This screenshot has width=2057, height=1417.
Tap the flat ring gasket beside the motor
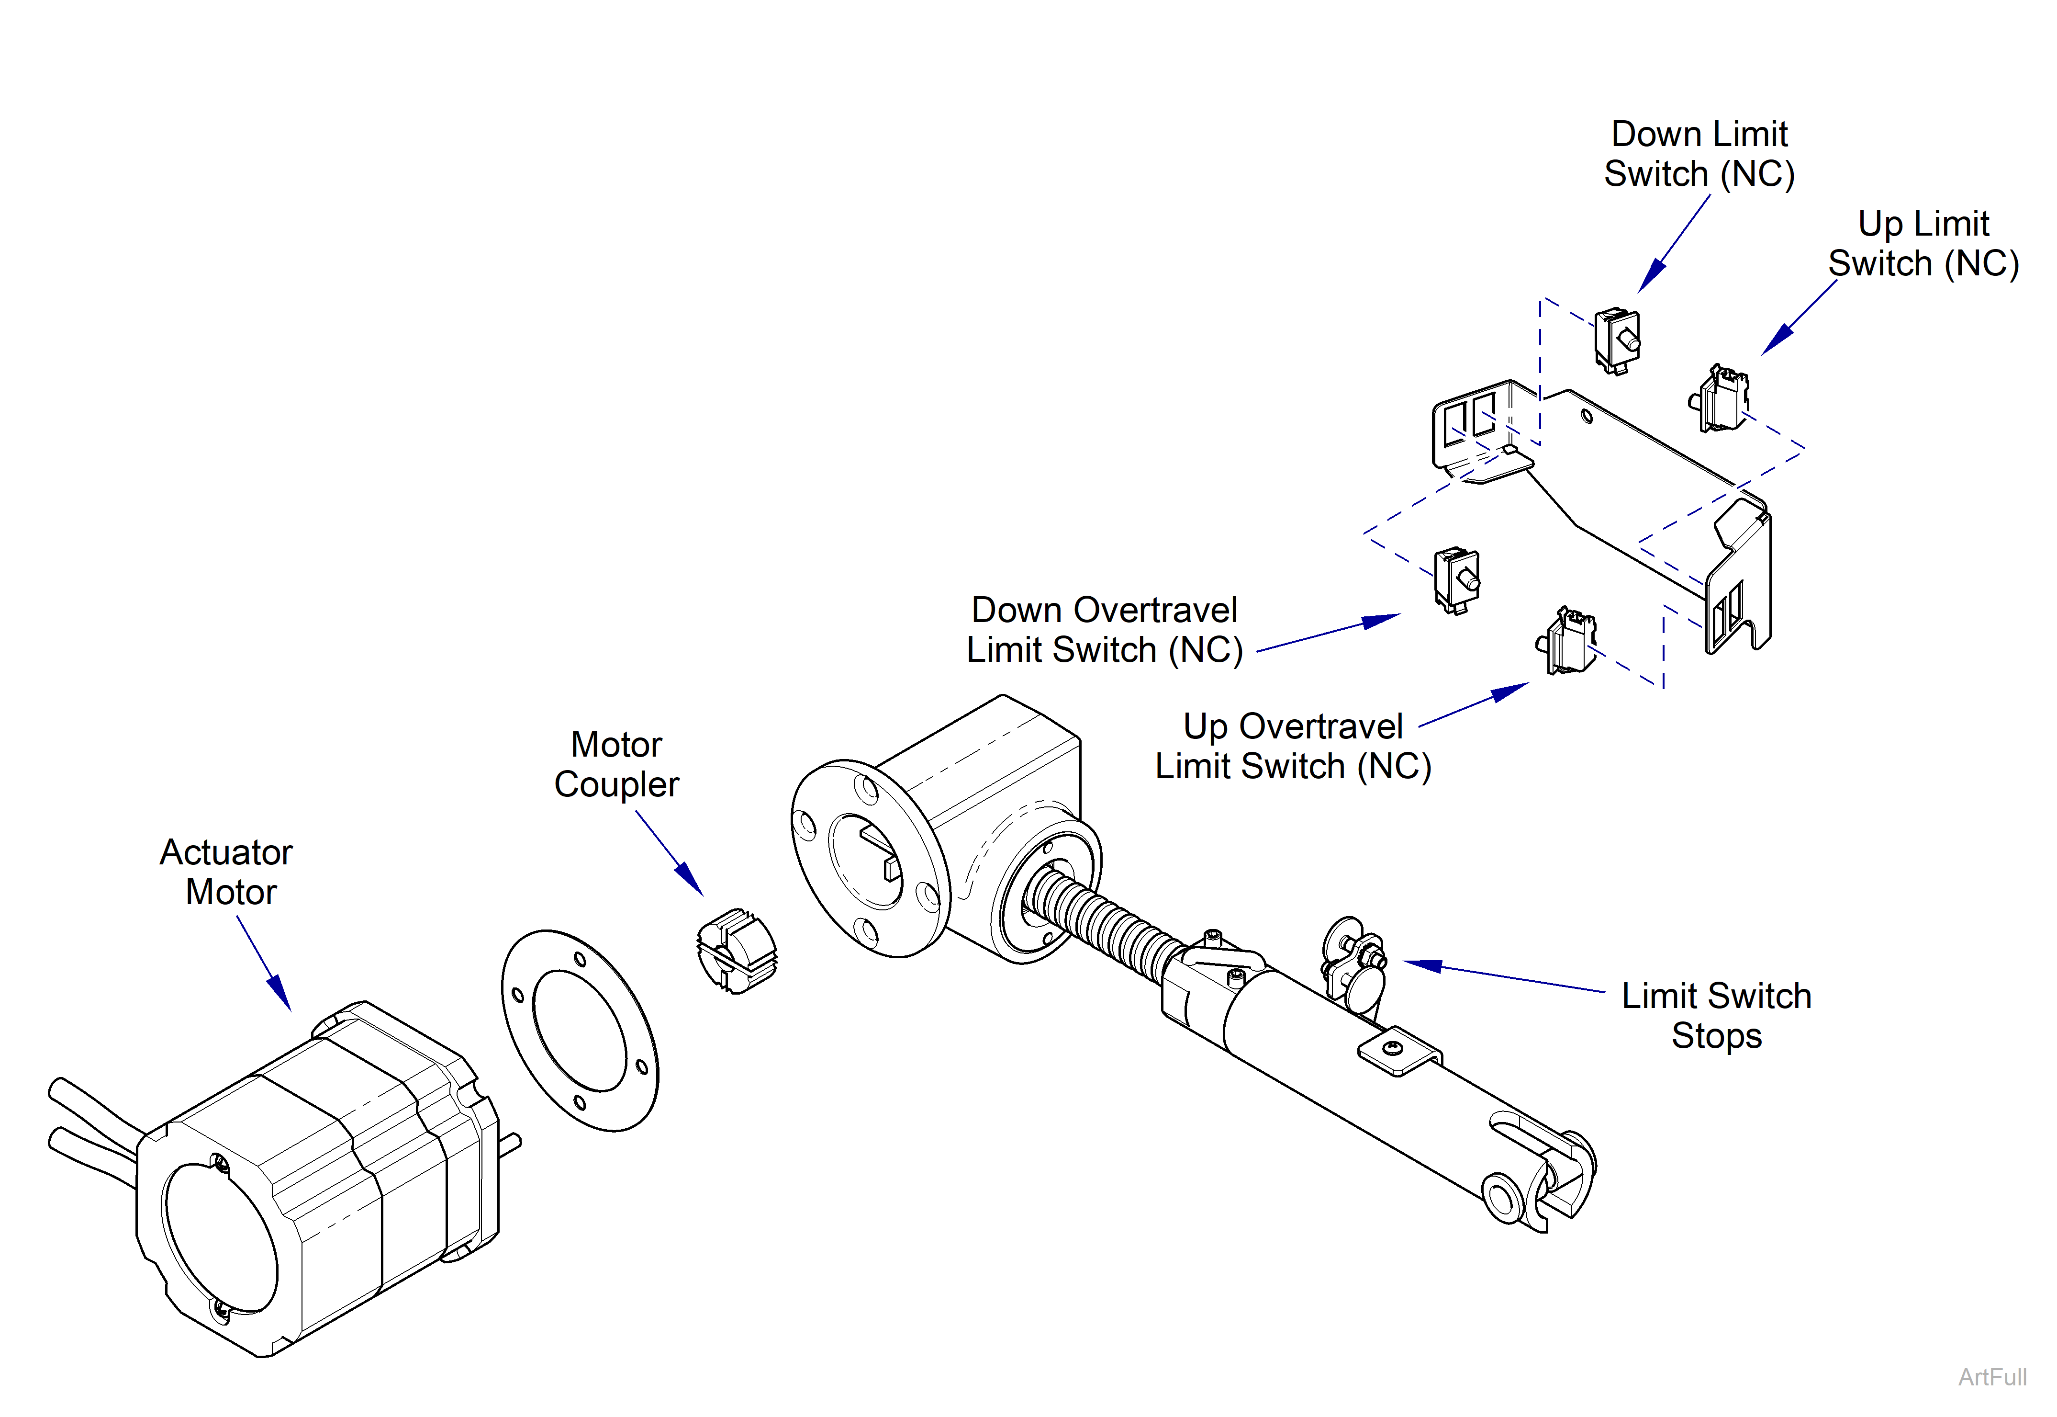580,1030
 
